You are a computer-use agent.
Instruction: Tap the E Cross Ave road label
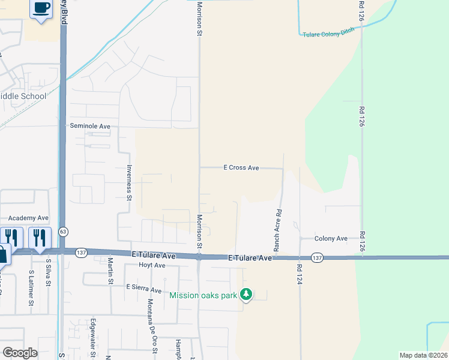(x=241, y=168)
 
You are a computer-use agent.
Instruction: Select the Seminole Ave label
(x=91, y=127)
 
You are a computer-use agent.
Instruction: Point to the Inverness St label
(x=129, y=182)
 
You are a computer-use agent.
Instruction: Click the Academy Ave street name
(x=28, y=218)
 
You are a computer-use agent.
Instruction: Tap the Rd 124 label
(x=298, y=274)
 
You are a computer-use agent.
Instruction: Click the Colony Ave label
(x=331, y=238)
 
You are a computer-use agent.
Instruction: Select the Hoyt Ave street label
(x=152, y=265)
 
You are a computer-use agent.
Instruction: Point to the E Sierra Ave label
(x=144, y=290)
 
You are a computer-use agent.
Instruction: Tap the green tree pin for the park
(x=246, y=294)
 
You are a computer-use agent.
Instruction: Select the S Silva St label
(x=49, y=273)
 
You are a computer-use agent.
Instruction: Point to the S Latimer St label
(x=31, y=287)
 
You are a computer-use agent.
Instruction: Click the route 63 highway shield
(x=63, y=231)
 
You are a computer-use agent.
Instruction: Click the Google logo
(x=20, y=353)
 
